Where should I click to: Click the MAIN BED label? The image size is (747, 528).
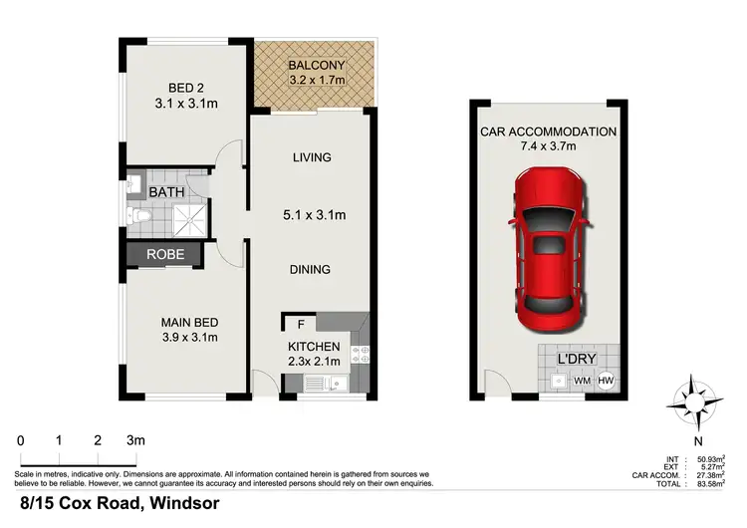click(x=189, y=322)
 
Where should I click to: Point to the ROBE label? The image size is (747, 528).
click(x=164, y=254)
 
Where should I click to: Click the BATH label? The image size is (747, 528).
click(x=165, y=191)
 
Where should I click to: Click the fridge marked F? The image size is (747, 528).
click(x=299, y=323)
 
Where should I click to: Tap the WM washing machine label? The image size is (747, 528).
click(x=583, y=380)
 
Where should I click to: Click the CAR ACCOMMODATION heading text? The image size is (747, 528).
click(x=548, y=132)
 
